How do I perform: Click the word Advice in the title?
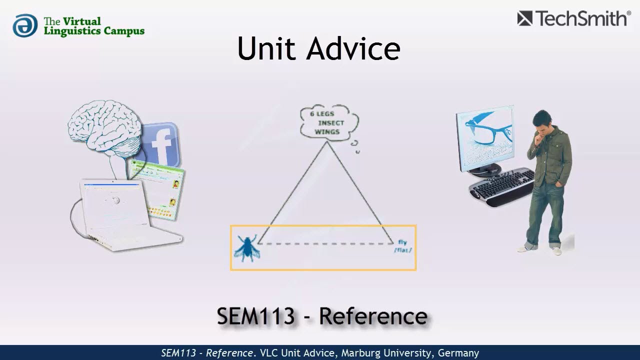353,48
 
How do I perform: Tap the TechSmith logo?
573,18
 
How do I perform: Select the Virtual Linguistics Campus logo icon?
25,25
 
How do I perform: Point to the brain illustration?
105,127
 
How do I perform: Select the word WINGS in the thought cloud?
327,132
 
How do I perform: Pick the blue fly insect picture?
246,247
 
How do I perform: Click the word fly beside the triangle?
402,242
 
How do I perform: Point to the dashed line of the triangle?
325,243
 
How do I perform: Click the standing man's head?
542,123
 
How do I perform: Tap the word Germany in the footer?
458,353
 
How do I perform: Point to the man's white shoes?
540,248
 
